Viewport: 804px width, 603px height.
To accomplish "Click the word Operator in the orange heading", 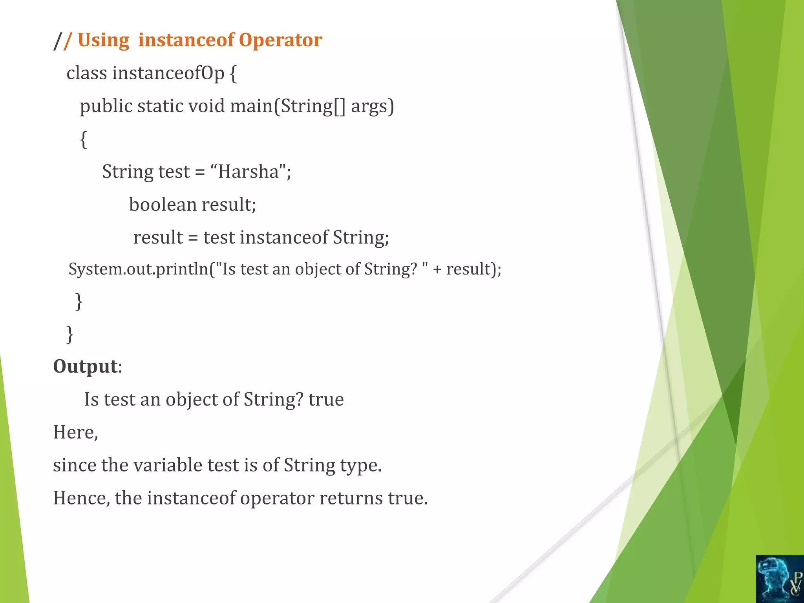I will click(280, 40).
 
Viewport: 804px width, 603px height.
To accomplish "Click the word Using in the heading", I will click(103, 40).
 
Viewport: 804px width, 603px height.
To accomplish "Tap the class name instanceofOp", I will click(168, 73).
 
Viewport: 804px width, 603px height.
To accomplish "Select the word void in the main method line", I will click(207, 106).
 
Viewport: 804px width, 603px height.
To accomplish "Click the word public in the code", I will click(106, 106).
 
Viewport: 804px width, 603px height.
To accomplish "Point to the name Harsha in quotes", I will click(248, 172).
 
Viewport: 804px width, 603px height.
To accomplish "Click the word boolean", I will click(163, 205).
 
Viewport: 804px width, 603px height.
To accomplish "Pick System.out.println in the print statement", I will click(138, 269).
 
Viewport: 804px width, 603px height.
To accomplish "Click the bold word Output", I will click(85, 366).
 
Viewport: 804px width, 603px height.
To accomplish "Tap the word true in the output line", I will click(326, 399).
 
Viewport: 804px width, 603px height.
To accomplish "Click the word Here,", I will click(75, 432).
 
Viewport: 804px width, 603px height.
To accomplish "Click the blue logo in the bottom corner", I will click(780, 579).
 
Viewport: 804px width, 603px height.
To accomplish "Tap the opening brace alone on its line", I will click(83, 139).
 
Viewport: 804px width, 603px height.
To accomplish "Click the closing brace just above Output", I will click(70, 334).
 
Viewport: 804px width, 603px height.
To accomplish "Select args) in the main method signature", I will click(372, 106).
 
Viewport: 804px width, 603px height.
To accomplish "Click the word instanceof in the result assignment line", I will click(284, 238).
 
